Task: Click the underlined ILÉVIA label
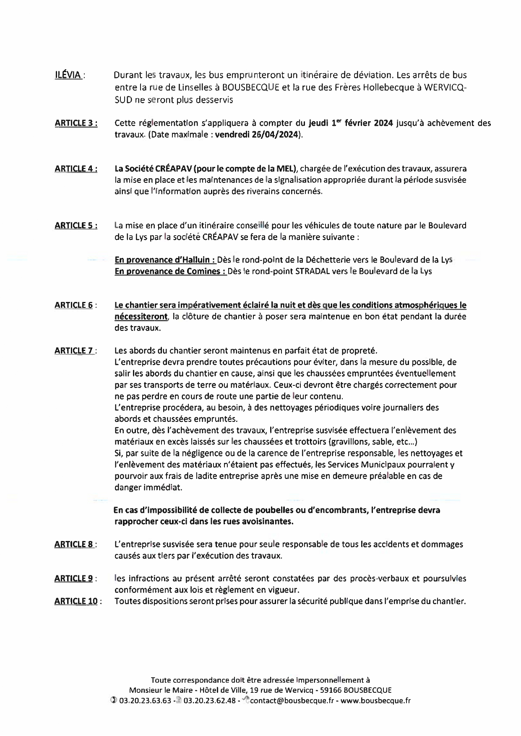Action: [68, 75]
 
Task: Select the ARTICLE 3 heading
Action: [76, 123]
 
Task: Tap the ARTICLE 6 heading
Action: [74, 305]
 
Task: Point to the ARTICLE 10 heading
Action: [76, 601]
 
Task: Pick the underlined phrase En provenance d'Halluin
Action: [165, 260]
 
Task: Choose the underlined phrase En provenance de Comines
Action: [170, 271]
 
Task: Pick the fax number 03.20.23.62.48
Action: [209, 701]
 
